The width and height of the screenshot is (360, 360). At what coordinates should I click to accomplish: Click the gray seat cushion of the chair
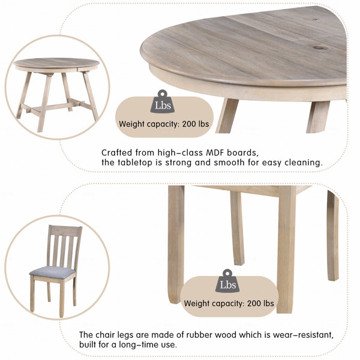click(x=53, y=272)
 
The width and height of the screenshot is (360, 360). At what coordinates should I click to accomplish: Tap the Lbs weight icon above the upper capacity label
click(x=163, y=101)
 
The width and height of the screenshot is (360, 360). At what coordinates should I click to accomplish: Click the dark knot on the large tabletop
click(x=319, y=48)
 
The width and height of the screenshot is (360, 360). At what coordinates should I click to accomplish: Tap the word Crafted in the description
click(x=116, y=152)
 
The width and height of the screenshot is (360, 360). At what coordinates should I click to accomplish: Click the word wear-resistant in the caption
click(x=303, y=335)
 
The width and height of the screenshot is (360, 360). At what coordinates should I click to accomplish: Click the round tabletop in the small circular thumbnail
click(x=56, y=63)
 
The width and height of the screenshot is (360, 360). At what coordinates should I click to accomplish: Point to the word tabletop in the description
click(x=135, y=163)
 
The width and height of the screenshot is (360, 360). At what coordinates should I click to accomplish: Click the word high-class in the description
click(x=180, y=153)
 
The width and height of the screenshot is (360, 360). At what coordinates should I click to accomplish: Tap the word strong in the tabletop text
click(x=178, y=163)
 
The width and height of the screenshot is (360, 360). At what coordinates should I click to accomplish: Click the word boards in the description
click(x=242, y=153)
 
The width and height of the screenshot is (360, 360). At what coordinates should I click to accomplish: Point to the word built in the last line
click(x=88, y=344)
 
